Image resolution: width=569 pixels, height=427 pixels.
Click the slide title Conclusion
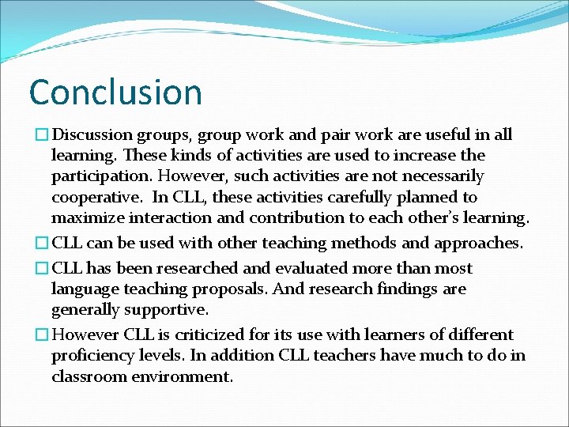[115, 92]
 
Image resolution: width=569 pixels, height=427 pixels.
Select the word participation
[98, 176]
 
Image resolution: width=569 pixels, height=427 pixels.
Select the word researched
[178, 269]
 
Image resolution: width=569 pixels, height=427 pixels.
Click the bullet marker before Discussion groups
[33, 135]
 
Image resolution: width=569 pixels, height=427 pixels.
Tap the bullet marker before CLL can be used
[33, 244]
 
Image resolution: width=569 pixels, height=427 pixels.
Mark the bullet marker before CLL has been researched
[33, 269]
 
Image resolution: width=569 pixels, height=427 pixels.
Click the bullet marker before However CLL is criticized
[33, 335]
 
